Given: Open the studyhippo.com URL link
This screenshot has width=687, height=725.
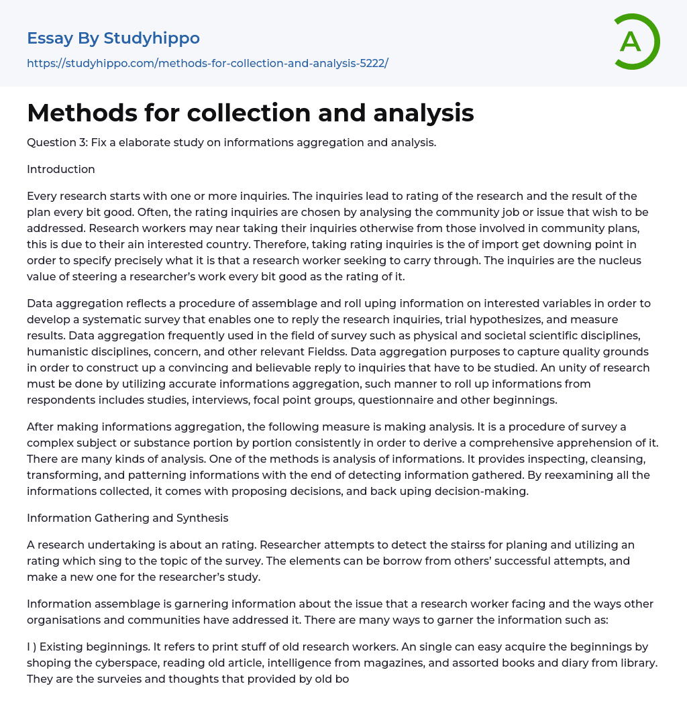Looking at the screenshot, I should (x=207, y=63).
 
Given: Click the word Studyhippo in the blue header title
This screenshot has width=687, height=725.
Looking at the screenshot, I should (x=152, y=38).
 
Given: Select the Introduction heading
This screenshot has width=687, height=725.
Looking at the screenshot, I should (x=60, y=169).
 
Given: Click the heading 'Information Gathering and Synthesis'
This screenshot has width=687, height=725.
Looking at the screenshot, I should (x=127, y=518).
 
